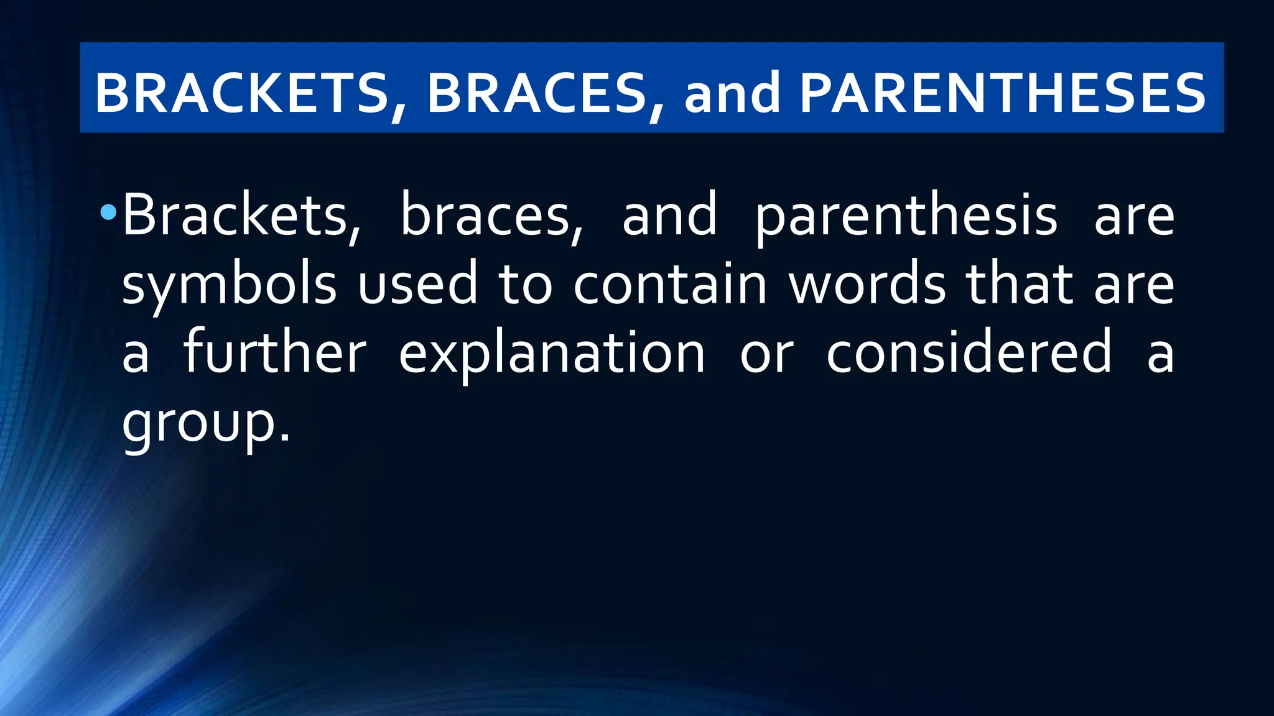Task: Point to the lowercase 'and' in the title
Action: [732, 93]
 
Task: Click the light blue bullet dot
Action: [108, 213]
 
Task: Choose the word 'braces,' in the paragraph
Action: [492, 215]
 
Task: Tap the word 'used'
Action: [417, 285]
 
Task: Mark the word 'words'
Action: [868, 285]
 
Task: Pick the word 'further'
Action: [275, 352]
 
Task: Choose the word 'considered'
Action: [969, 352]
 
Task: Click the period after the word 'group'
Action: [284, 438]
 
